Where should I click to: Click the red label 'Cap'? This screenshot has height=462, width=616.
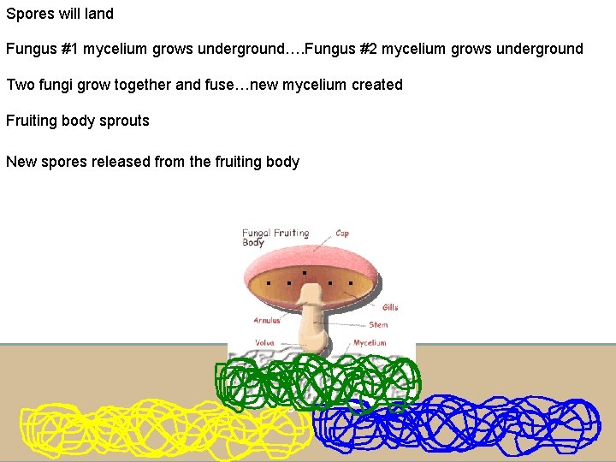click(x=341, y=233)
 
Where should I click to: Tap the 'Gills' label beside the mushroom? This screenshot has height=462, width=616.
click(x=390, y=307)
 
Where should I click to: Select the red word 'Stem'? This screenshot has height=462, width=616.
click(x=378, y=325)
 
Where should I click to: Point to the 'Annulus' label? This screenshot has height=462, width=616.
click(x=267, y=321)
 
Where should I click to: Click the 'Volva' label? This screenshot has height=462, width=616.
click(x=264, y=343)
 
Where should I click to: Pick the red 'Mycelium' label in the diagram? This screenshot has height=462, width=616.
click(x=370, y=343)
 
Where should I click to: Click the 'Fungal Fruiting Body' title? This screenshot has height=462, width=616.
click(x=275, y=237)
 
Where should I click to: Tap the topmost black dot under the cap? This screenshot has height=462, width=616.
click(x=305, y=272)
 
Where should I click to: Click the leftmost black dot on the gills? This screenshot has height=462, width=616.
click(x=268, y=281)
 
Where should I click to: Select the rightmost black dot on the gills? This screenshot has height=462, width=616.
click(x=351, y=281)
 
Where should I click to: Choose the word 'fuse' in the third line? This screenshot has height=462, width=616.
click(x=219, y=85)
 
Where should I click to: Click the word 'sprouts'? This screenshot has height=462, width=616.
click(x=124, y=121)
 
